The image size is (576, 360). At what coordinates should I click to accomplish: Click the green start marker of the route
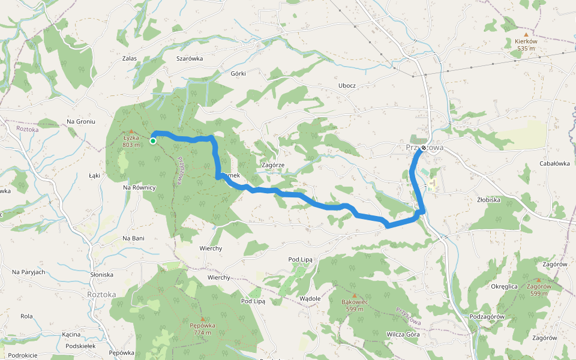(x=153, y=141)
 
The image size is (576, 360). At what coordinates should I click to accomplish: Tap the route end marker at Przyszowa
(x=424, y=148)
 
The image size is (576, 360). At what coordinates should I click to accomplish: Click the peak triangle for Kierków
(x=526, y=35)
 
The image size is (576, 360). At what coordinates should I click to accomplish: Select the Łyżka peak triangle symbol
(x=131, y=131)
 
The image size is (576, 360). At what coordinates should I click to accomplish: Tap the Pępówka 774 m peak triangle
(x=203, y=319)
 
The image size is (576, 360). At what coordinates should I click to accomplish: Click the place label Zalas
(x=130, y=59)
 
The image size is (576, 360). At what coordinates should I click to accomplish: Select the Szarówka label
(x=190, y=59)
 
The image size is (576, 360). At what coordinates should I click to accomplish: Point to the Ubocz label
(x=347, y=85)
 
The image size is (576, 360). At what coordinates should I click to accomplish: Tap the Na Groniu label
(x=81, y=122)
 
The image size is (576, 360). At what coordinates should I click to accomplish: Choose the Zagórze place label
(x=273, y=165)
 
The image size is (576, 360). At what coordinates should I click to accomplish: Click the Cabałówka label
(x=554, y=163)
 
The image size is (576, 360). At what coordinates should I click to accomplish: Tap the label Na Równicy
(x=139, y=188)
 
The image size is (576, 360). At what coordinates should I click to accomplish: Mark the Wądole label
(x=310, y=298)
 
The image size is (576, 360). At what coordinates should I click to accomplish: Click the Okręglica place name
(x=504, y=287)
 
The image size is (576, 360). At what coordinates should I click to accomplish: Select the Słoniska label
(x=101, y=275)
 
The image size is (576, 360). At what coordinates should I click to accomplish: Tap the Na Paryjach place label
(x=29, y=272)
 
